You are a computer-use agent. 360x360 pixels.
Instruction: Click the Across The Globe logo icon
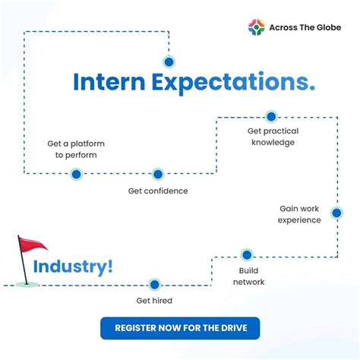click(x=257, y=28)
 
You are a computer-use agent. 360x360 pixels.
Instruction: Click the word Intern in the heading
click(x=107, y=82)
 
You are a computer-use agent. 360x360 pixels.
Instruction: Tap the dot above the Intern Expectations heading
click(x=169, y=62)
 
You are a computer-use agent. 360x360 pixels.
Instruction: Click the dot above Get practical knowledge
click(x=271, y=116)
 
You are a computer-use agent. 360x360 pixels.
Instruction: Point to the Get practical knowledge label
click(x=271, y=136)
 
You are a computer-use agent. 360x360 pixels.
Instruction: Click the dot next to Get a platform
click(x=76, y=174)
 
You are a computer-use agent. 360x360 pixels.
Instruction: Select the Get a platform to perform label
click(x=76, y=149)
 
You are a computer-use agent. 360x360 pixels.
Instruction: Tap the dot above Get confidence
click(x=157, y=174)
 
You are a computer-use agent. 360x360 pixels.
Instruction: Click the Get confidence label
click(x=158, y=191)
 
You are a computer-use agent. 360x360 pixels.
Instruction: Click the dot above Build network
click(x=246, y=254)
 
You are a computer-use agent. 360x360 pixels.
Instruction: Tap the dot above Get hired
click(x=155, y=285)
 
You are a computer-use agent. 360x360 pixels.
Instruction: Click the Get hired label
click(x=154, y=301)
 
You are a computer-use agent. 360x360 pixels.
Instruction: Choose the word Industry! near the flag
click(x=74, y=267)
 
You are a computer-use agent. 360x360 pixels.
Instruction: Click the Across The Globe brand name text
click(x=305, y=28)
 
